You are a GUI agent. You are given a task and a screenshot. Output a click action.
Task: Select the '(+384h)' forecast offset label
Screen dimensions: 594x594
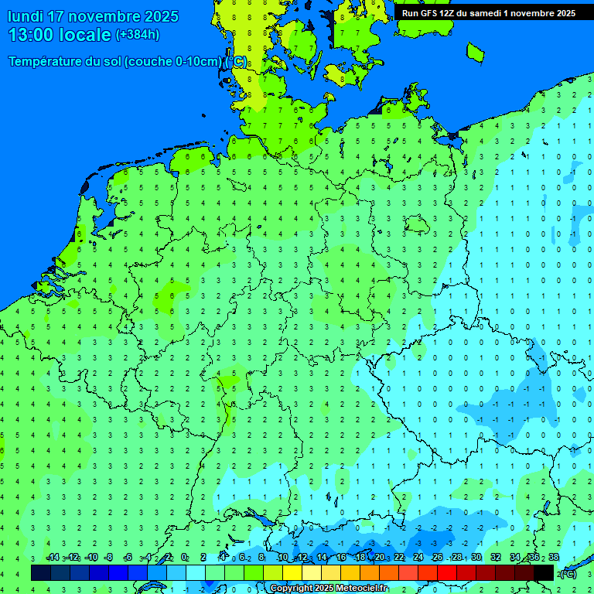pos(138,35)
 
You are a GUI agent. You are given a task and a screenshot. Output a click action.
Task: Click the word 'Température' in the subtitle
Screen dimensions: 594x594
pos(54,62)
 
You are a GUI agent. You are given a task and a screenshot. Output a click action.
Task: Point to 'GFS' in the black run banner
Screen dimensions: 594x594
pos(432,13)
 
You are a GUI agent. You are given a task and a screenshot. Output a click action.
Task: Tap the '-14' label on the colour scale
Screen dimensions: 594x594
pos(53,558)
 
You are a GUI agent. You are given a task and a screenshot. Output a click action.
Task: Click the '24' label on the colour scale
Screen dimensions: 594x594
pos(418,558)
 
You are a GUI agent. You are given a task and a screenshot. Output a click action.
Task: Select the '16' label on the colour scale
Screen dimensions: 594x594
pos(341,558)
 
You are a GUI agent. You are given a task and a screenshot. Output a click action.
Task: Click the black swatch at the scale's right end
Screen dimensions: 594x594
pos(544,572)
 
